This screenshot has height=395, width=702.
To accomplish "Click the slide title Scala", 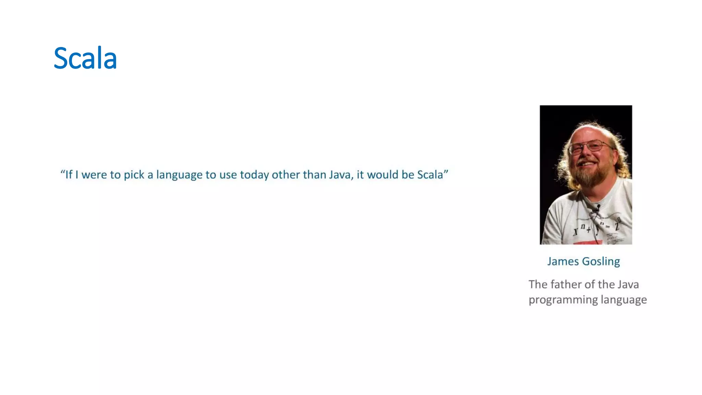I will click(x=85, y=58).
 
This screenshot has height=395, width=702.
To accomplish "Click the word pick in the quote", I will click(x=134, y=175).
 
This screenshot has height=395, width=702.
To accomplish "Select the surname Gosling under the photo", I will click(x=601, y=262).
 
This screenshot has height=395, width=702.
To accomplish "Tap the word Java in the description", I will click(x=628, y=285).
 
